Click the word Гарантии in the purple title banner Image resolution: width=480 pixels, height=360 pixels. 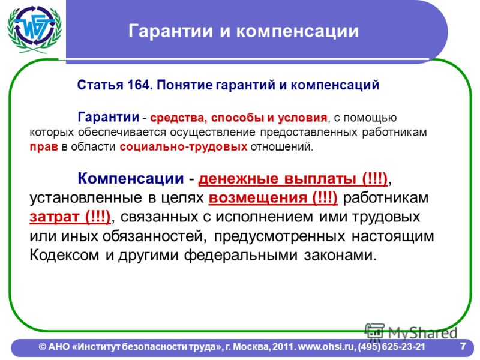(170, 31)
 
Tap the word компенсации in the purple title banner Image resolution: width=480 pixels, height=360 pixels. (298, 32)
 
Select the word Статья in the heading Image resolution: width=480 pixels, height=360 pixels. (99, 85)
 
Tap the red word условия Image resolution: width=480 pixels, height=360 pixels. (302, 118)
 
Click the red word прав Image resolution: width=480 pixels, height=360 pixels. (44, 147)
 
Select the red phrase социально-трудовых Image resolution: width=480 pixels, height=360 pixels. (184, 147)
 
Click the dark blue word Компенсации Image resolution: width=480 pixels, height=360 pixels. (131, 178)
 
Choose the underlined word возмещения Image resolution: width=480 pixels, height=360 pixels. (259, 198)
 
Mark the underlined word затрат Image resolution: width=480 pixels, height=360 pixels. (55, 217)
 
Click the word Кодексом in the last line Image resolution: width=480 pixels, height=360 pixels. (65, 254)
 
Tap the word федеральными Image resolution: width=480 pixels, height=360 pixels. (241, 255)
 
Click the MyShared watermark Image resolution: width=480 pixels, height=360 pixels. (411, 332)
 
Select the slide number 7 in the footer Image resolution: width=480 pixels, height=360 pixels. (463, 346)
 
